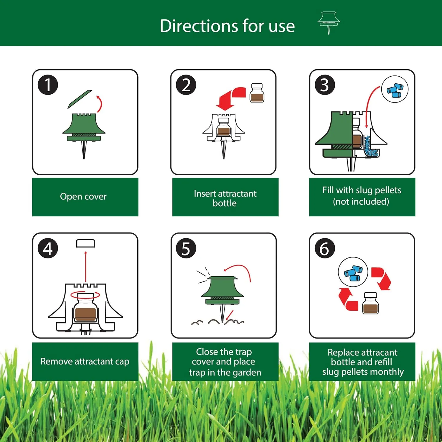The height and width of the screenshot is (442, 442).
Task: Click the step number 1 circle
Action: pos(48,85)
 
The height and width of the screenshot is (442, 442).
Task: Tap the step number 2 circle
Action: pos(186,85)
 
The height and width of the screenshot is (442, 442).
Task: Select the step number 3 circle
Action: pos(325,85)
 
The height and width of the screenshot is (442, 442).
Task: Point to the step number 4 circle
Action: pos(48,248)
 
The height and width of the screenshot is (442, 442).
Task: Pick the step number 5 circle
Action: pos(186,248)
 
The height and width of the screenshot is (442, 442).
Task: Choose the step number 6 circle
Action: pos(325,248)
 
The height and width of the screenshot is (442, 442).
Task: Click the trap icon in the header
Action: pos(329,23)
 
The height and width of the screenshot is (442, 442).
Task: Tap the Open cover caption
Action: pos(83,197)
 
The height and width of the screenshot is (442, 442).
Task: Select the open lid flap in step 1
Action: pos(80,99)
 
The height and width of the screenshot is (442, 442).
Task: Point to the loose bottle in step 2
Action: pos(257,93)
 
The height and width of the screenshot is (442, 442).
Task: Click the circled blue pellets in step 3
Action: pos(395,89)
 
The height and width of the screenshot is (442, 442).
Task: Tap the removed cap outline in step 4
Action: pos(85,243)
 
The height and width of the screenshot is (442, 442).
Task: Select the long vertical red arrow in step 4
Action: pos(86,267)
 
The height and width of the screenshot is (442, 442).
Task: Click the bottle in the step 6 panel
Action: pos(371,303)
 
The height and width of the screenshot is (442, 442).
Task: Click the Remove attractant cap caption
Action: pos(85,362)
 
